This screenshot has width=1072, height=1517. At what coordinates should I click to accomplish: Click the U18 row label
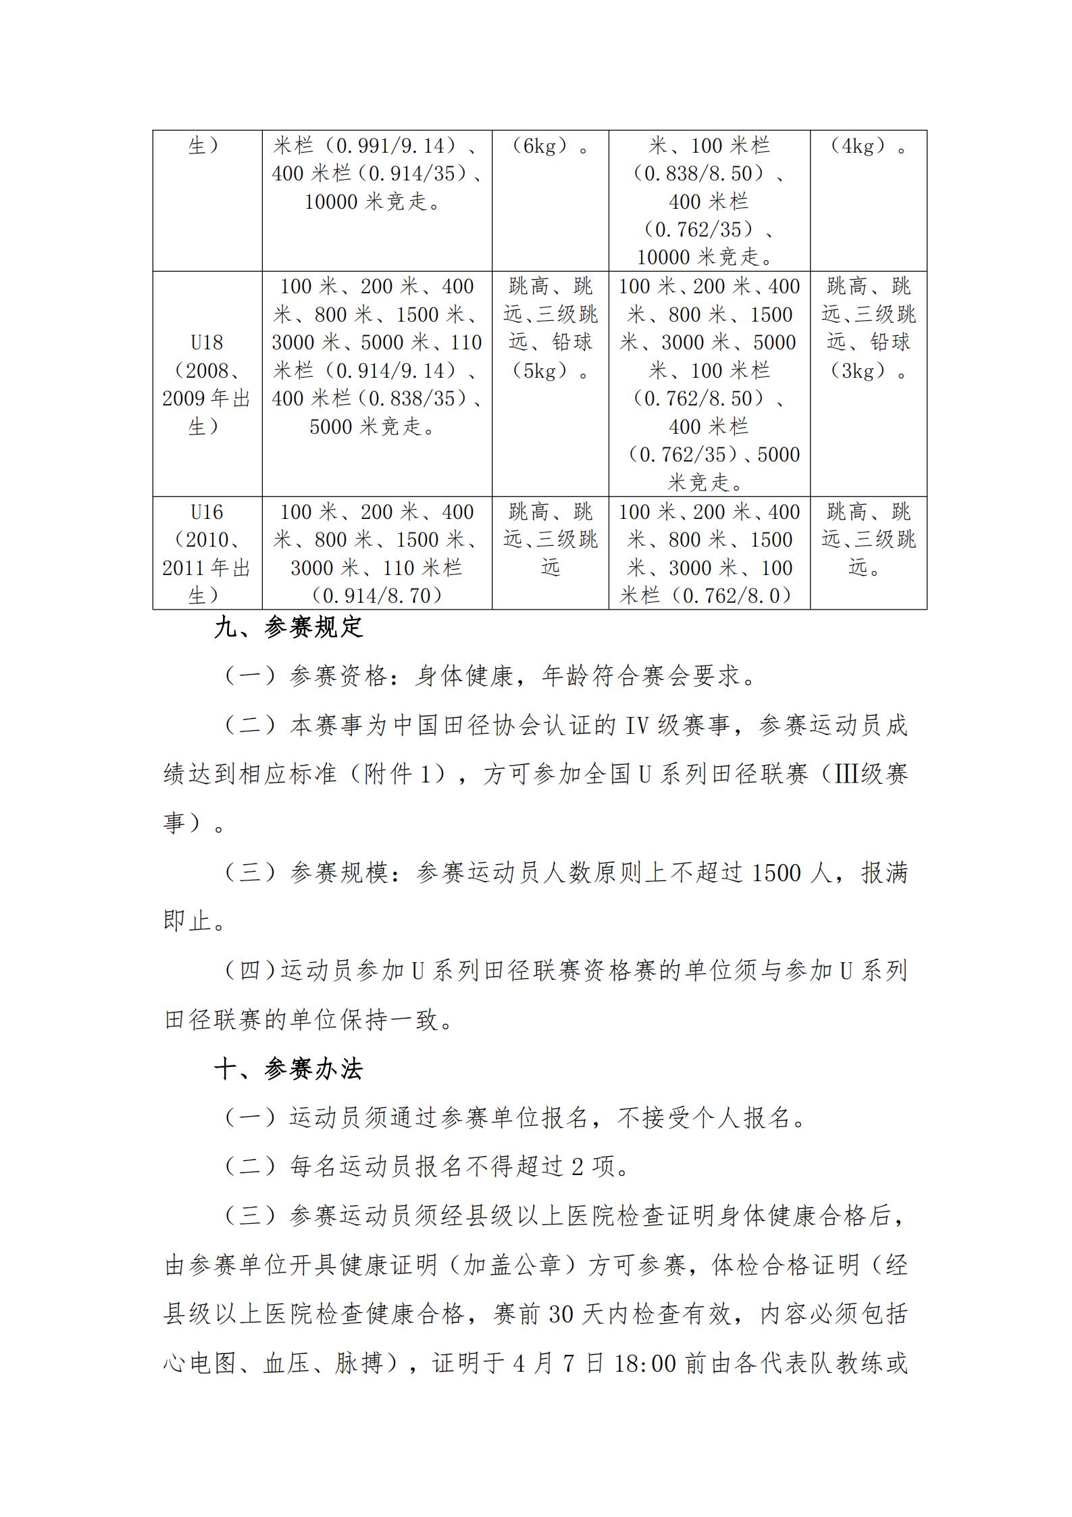207,343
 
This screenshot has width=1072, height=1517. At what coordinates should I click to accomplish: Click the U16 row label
207,512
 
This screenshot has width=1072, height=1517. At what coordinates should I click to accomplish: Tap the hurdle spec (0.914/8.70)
377,596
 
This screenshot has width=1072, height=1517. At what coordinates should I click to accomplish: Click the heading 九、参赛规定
288,628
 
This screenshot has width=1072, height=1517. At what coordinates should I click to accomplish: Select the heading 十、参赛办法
288,1069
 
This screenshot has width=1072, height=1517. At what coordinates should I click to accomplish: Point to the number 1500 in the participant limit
775,874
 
